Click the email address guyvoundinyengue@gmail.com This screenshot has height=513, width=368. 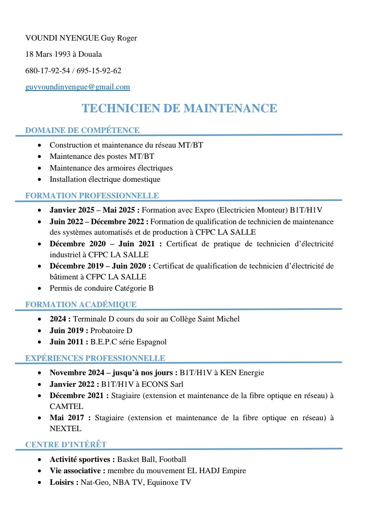pos(78,87)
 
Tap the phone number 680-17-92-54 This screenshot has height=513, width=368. pos(48,71)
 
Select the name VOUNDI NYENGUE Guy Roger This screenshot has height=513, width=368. pos(81,38)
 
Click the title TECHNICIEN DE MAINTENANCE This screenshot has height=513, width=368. pos(179,108)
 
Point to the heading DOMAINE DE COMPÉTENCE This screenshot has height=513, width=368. pos(82,130)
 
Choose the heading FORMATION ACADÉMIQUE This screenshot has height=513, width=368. pos(81,305)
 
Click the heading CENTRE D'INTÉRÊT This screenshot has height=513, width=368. pos(66,445)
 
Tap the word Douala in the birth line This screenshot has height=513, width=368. pos(90,54)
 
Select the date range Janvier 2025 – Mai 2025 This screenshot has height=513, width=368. pos(92,210)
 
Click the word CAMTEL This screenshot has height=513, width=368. pos(66,406)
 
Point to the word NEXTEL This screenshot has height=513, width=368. pos(65,429)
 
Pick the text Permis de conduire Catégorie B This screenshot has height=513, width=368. pos(102,288)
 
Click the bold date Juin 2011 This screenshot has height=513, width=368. pos(66,342)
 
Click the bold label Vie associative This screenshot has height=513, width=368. pos(75,471)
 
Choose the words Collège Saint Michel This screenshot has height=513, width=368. pos(205,319)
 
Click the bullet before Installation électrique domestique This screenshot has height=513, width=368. pos(40,180)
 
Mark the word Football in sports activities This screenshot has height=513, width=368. pos(173,459)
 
